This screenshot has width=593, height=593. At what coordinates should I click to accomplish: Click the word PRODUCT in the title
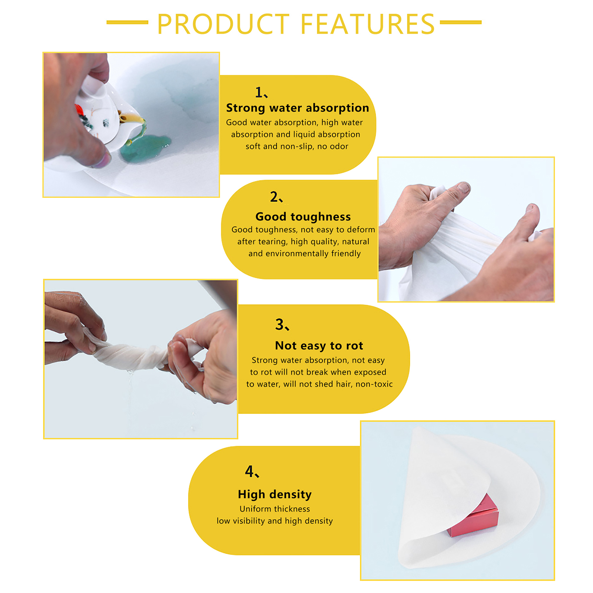[223, 24]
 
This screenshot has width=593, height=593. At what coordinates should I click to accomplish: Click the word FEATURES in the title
[367, 24]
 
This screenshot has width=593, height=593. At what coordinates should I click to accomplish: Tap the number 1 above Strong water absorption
[259, 92]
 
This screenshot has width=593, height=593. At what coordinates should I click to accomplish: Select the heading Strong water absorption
[298, 108]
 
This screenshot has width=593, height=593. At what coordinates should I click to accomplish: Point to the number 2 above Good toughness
[274, 196]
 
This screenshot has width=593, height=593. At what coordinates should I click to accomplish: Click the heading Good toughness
[303, 216]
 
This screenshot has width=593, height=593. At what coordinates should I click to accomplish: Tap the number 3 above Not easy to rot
[279, 324]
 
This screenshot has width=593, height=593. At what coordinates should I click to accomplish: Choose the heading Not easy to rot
[319, 345]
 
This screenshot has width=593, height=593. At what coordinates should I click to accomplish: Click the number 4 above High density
[249, 471]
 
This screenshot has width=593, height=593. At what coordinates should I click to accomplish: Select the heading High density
[275, 494]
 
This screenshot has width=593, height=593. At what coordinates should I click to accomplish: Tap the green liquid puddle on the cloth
[145, 148]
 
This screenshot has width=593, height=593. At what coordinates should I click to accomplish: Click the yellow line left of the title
[127, 22]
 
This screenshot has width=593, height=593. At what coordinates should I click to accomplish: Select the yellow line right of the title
[461, 22]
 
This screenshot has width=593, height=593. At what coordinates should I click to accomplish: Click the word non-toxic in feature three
[374, 384]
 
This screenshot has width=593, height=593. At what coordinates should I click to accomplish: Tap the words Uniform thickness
[275, 509]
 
